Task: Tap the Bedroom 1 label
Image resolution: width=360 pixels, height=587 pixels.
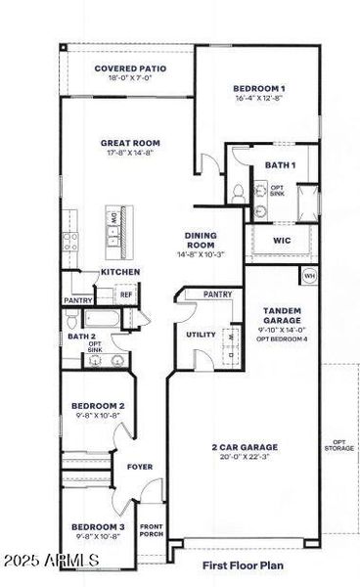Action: point(258,93)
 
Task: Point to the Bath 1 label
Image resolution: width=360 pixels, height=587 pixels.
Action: point(280,165)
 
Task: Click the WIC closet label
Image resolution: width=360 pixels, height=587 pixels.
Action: point(282,240)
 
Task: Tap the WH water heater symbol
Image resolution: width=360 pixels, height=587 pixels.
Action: point(310,275)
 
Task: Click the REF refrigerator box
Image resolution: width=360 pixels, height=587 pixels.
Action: point(126,293)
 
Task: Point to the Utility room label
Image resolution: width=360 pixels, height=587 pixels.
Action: point(201,335)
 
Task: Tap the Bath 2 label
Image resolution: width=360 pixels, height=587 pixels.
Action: point(81,337)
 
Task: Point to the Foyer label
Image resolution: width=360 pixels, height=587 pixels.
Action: point(140,467)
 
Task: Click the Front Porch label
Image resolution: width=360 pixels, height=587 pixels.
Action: point(152,528)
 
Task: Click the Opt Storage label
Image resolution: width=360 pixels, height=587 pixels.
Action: point(337,445)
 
